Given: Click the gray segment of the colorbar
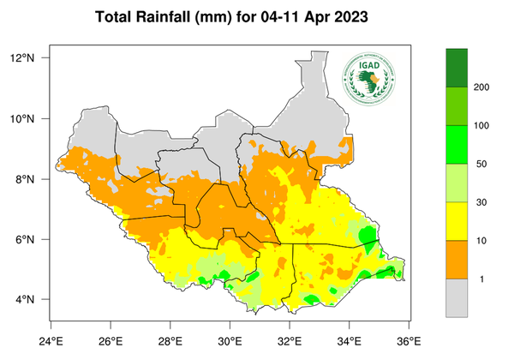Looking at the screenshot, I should click(457, 298).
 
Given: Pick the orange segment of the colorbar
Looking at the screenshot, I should click(457, 260).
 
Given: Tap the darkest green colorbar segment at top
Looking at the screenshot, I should click(457, 68).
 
